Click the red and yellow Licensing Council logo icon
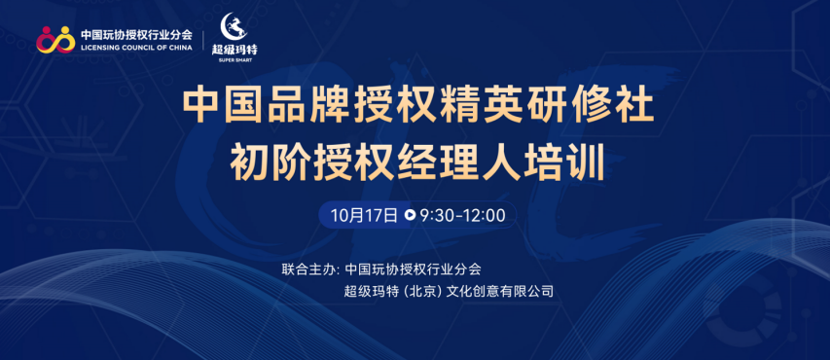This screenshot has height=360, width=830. click(55, 39)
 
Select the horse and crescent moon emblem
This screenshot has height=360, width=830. click(235, 26)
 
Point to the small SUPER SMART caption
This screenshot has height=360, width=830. click(235, 60)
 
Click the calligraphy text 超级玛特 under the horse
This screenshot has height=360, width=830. click(235, 50)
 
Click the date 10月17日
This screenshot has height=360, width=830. click(364, 215)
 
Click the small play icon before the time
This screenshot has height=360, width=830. click(410, 215)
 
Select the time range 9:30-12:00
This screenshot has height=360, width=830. click(462, 215)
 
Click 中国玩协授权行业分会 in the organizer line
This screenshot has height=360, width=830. click(413, 269)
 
